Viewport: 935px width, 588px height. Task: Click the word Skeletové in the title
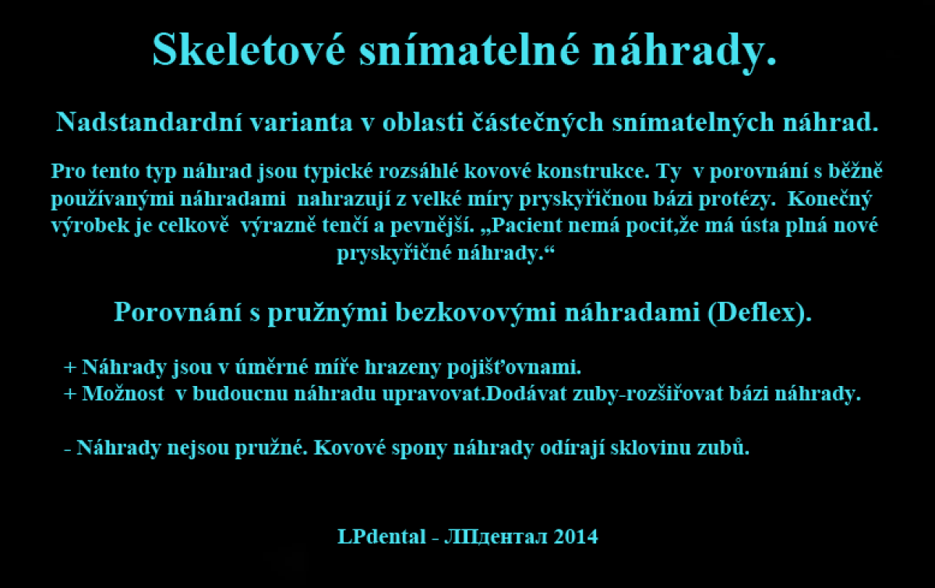[x=249, y=49]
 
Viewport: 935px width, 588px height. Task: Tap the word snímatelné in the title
[x=470, y=49]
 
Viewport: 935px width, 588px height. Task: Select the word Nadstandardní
[x=149, y=122]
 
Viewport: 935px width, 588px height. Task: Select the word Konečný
[x=830, y=200]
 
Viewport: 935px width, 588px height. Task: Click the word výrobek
[x=90, y=226]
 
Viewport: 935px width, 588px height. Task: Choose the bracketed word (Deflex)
[x=760, y=313]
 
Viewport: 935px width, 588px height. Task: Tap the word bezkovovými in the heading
[x=475, y=313]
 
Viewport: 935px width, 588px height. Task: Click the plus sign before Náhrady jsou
[x=70, y=368]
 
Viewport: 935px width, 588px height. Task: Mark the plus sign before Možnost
[x=70, y=394]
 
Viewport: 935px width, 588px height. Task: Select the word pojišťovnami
[x=513, y=368]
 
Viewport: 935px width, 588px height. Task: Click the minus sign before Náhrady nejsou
[x=67, y=450]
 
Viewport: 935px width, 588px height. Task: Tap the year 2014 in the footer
[x=576, y=537]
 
